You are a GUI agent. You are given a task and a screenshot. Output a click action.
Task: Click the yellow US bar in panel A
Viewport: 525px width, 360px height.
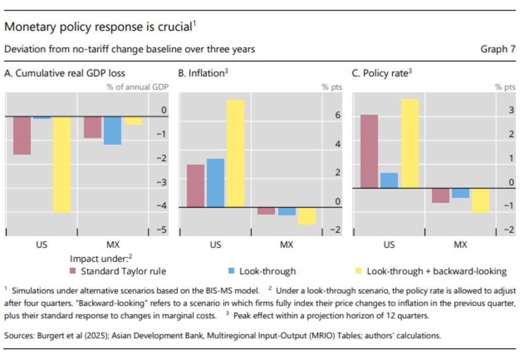62,164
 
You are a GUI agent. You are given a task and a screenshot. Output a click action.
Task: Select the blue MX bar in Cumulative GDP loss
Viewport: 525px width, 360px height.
112,130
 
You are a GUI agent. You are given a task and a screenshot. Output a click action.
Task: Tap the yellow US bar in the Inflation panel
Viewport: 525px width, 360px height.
235,153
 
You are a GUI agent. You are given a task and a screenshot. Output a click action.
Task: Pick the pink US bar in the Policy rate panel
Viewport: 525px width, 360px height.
369,151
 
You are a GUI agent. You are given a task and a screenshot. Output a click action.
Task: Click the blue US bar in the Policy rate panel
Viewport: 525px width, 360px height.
389,180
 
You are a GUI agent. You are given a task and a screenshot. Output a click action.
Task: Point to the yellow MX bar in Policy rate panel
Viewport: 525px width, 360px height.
480,200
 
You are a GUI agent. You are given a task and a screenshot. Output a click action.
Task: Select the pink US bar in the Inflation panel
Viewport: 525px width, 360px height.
195,186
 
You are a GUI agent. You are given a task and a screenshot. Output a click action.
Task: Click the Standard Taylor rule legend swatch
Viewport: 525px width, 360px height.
73,271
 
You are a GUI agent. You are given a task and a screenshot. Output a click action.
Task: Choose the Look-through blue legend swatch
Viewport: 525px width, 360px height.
232,271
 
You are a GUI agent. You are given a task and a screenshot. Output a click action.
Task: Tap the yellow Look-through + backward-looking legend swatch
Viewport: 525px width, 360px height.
359,271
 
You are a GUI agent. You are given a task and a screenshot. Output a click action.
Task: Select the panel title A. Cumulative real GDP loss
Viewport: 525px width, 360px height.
65,73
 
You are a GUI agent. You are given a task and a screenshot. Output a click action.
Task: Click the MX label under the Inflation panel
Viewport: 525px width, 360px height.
286,245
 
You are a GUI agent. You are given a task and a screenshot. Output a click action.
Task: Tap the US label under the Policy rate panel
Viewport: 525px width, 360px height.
389,245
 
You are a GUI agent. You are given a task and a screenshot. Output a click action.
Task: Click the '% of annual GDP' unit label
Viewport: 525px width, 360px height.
138,87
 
